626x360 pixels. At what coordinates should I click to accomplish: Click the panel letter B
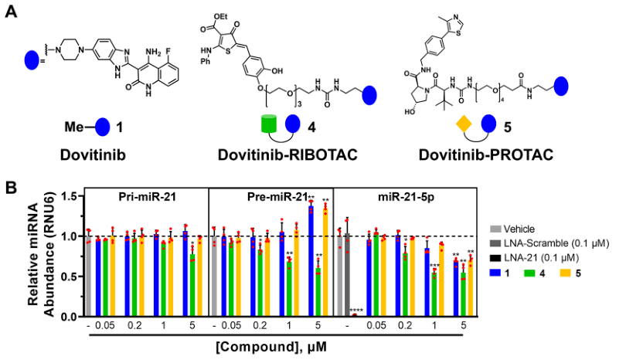12,188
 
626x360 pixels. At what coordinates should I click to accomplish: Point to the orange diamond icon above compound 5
464,124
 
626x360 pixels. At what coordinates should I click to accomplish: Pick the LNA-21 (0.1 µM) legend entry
544,257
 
